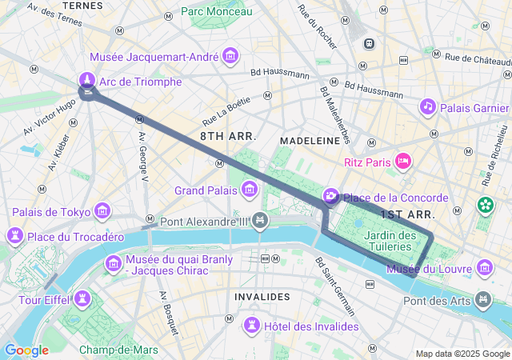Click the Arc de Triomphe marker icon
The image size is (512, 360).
[x=87, y=81]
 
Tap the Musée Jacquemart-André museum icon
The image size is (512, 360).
[x=231, y=56]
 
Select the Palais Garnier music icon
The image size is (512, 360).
[x=428, y=106]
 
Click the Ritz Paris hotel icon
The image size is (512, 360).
[x=404, y=162]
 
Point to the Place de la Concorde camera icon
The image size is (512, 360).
[x=330, y=197]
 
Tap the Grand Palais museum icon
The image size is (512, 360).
[x=250, y=190]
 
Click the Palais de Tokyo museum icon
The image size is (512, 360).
[x=102, y=211]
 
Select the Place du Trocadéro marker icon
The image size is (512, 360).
[x=14, y=236]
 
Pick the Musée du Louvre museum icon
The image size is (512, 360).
[x=484, y=267]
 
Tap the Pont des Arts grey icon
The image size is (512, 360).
[x=483, y=300]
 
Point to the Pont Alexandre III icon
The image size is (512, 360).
[x=259, y=220]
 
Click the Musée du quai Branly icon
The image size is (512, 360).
[x=113, y=263]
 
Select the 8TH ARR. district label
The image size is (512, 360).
[x=228, y=136]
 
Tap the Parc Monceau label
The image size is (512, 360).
[x=216, y=11]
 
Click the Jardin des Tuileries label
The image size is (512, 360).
[x=390, y=241]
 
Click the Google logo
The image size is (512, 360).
[x=26, y=350]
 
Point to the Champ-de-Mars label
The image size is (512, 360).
[x=118, y=350]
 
